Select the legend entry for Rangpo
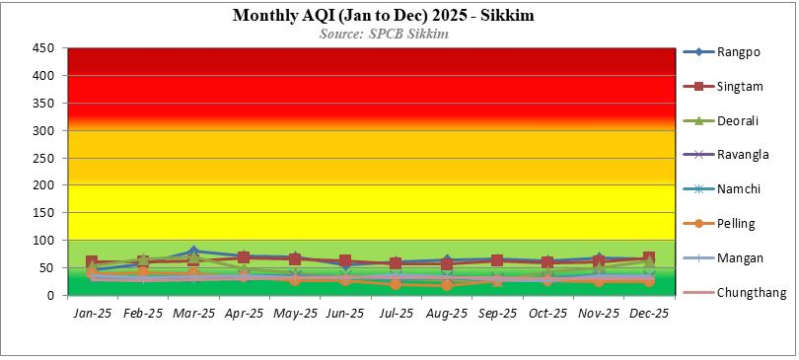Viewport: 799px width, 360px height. (x=731, y=52)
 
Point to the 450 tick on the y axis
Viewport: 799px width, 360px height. (x=44, y=47)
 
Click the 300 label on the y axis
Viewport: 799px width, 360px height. (x=44, y=130)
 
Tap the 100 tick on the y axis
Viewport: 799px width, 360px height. (x=44, y=240)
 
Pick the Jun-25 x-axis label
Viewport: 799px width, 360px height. (x=345, y=314)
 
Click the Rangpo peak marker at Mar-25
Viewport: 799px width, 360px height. (x=193, y=252)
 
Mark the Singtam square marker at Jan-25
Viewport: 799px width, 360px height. (x=92, y=262)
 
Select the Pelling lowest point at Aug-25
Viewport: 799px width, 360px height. (x=447, y=285)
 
